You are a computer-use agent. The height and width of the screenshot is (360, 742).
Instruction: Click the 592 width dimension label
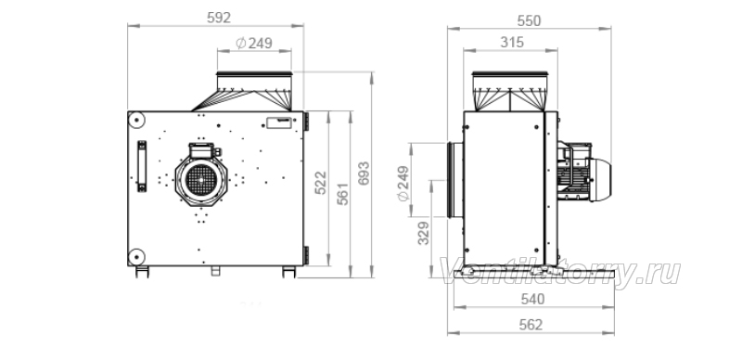pyautogui.click(x=219, y=18)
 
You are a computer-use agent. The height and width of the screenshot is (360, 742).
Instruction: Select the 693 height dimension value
pyautogui.click(x=363, y=174)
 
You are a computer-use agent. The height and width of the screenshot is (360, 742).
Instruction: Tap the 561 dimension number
pyautogui.click(x=342, y=194)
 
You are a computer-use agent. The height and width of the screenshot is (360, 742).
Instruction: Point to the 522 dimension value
pyautogui.click(x=320, y=183)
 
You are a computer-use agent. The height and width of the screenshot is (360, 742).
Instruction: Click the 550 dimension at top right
pyautogui.click(x=529, y=20)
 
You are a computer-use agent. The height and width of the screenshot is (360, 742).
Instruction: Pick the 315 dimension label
pyautogui.click(x=512, y=43)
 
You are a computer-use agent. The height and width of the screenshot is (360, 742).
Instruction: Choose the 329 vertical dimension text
pyautogui.click(x=424, y=233)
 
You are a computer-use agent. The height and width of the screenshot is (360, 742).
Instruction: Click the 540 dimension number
pyautogui.click(x=532, y=300)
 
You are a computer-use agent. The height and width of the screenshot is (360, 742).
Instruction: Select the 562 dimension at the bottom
pyautogui.click(x=531, y=325)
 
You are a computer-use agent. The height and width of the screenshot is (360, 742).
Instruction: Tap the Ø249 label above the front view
pyautogui.click(x=254, y=43)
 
